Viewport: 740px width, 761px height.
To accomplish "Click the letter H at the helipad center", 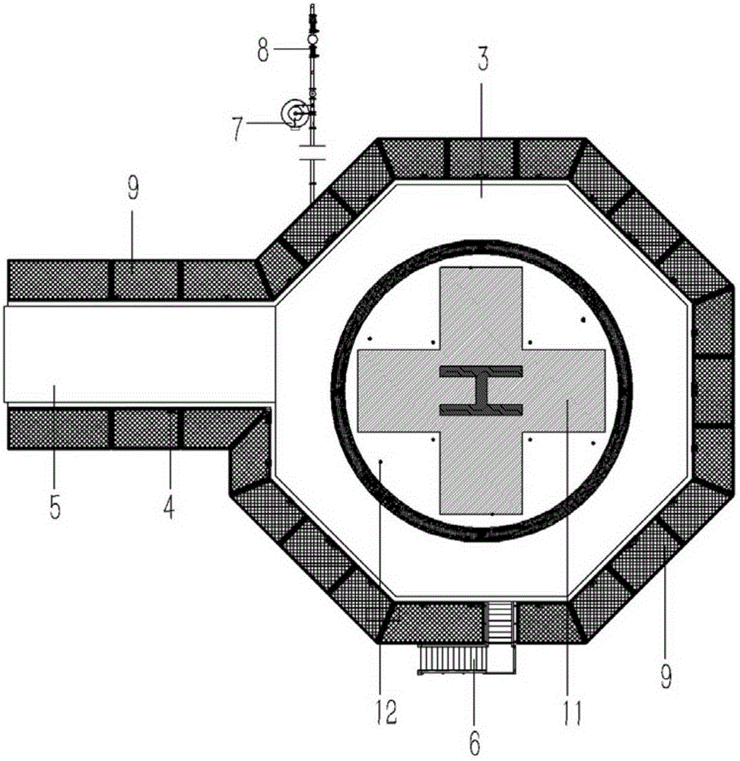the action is pyautogui.click(x=481, y=390).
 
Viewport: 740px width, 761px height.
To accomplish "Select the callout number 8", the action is pyautogui.click(x=263, y=50).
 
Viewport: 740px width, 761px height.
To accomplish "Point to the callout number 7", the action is pyautogui.click(x=237, y=129).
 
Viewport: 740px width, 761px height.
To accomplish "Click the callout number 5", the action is pyautogui.click(x=55, y=507).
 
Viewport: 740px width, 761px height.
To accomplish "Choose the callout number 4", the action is pyautogui.click(x=168, y=507).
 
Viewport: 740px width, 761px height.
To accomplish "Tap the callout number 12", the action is pyautogui.click(x=386, y=712).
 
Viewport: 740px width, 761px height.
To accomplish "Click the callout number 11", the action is pyautogui.click(x=573, y=712).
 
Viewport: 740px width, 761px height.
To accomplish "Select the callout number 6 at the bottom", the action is pyautogui.click(x=475, y=742).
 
